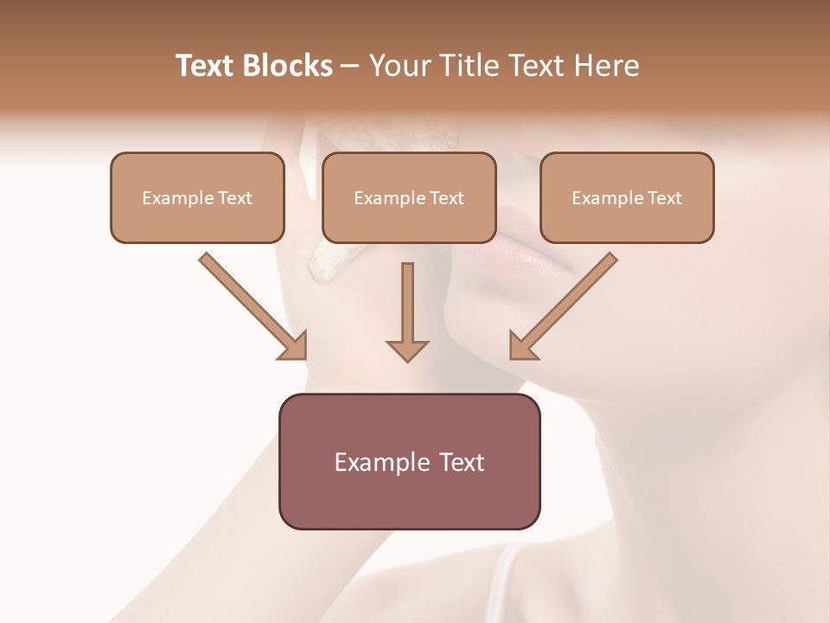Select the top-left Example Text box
click(x=197, y=198)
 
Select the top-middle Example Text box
click(x=409, y=198)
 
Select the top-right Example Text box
click(x=627, y=198)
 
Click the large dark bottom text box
click(x=409, y=461)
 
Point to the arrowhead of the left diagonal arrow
click(x=294, y=346)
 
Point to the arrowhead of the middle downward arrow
click(x=407, y=350)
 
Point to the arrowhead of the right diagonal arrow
click(x=522, y=346)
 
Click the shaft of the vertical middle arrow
click(x=407, y=299)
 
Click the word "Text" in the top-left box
click(x=235, y=198)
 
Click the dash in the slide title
click(x=350, y=67)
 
